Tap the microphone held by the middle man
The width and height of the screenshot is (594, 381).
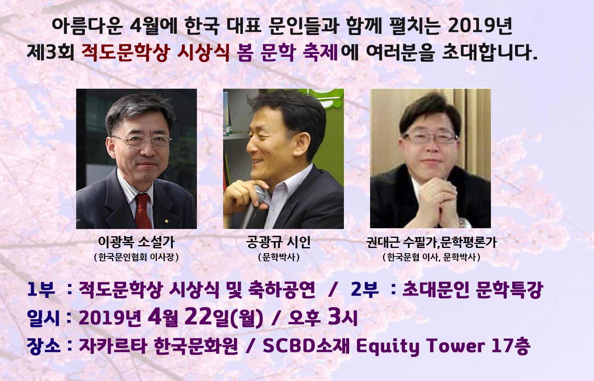point(254,206)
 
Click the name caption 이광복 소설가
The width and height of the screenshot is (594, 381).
point(136,242)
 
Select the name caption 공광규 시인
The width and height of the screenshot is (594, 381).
point(278,242)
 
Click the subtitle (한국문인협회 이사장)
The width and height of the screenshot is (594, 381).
point(136,257)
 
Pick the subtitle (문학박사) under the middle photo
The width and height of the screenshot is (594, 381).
point(279,257)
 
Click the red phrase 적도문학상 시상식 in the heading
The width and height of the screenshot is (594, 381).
point(156,52)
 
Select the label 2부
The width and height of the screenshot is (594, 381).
point(364,289)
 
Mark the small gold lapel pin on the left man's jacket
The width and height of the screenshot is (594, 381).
point(166,221)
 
